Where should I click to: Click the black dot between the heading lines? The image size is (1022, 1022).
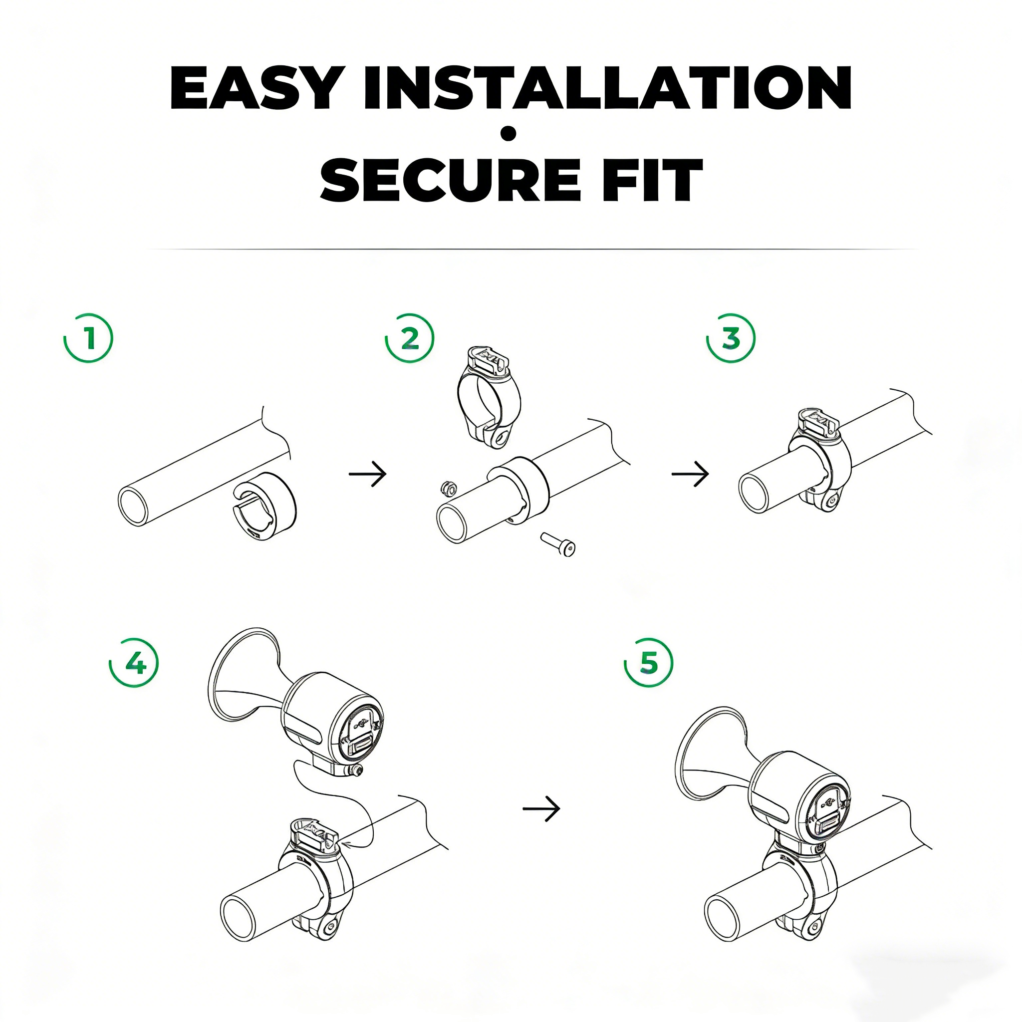pos(509,134)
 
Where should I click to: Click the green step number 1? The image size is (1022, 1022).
pos(89,338)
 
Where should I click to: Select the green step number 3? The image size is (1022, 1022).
pos(732,338)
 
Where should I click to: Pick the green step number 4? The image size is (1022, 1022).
pos(135,663)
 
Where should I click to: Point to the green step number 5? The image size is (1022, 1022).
pos(649,663)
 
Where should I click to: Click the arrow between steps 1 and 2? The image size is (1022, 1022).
pos(368,474)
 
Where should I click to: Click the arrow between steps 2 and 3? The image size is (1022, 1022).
pos(690,474)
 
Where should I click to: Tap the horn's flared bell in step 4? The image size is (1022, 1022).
pos(244,676)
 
